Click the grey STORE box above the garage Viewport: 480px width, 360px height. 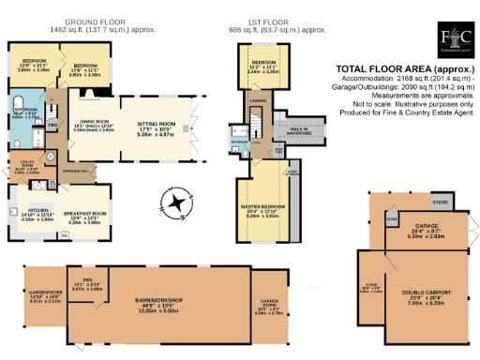[439, 202]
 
